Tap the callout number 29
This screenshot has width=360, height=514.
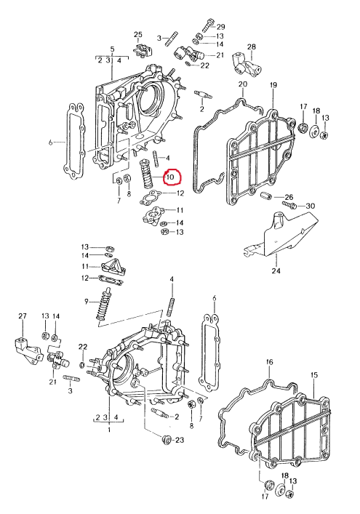pos(220,27)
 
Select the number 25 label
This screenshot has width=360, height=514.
pos(138,35)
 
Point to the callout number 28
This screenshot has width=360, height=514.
pos(252,47)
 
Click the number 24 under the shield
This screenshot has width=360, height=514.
pos(276,270)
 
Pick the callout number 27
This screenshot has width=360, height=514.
pos(23,316)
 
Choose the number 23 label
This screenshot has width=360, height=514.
pos(180,440)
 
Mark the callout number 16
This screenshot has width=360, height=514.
pos(270,362)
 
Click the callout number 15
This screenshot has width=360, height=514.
pos(314,375)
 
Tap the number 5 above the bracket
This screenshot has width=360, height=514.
pos(113,49)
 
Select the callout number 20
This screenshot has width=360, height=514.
pos(243,84)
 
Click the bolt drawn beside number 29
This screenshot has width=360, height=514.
pos(207,25)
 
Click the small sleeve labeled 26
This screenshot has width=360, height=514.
pos(265,198)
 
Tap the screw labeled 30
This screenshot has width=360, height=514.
pos(289,205)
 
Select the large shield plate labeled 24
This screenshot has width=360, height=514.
pos(282,234)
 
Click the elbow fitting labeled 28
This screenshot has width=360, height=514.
pos(247,63)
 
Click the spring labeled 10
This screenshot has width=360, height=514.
pos(146,174)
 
